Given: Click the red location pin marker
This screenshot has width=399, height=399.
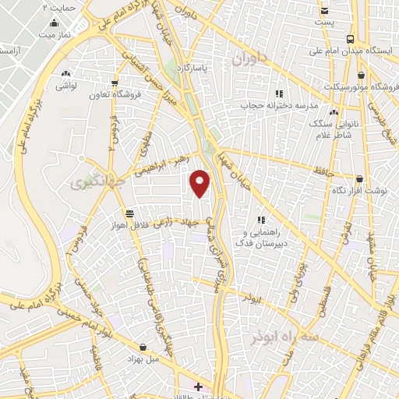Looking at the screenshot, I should (x=200, y=183).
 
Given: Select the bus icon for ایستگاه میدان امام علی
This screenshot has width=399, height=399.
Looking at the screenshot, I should (x=351, y=38).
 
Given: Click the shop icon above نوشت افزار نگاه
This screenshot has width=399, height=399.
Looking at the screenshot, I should (x=359, y=178).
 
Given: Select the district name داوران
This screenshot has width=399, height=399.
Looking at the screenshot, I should (x=252, y=58).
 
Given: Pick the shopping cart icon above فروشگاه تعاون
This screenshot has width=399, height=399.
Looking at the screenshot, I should (x=115, y=83).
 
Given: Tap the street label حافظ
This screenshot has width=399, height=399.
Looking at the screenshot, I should (x=323, y=169).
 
